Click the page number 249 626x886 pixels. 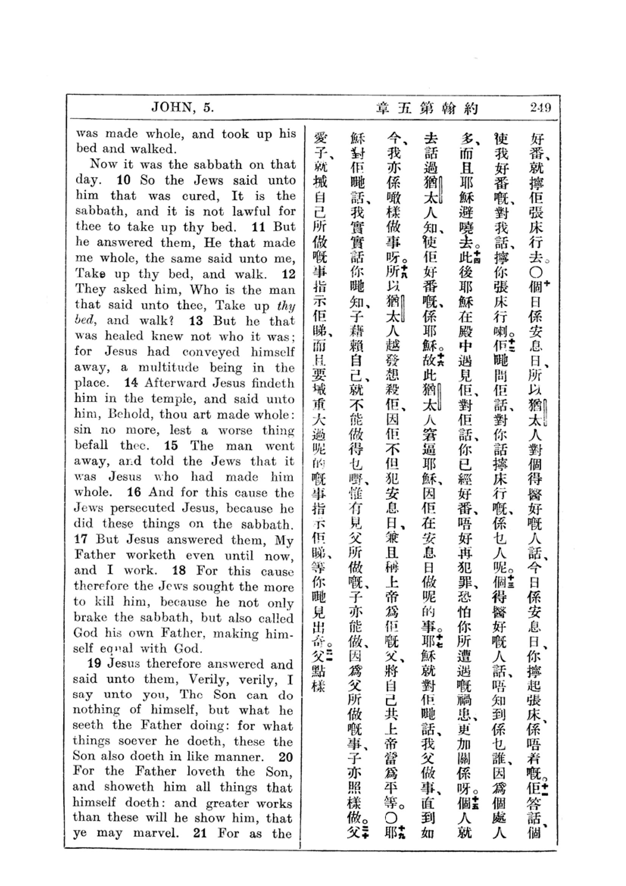[540, 107]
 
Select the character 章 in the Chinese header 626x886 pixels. [383, 108]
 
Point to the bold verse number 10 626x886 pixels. [124, 180]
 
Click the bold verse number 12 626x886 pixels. [289, 274]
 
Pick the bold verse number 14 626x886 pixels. [131, 383]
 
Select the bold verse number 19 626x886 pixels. [95, 663]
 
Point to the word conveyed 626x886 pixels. [211, 352]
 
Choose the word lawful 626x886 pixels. [251, 211]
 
